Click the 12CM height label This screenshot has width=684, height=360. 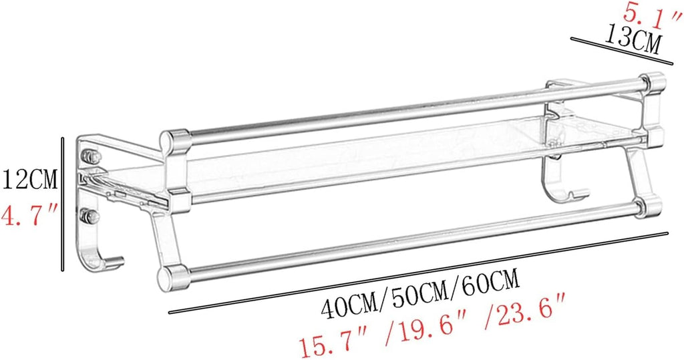click(x=29, y=180)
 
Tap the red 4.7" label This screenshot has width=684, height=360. click(x=29, y=214)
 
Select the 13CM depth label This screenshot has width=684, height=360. click(x=632, y=41)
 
